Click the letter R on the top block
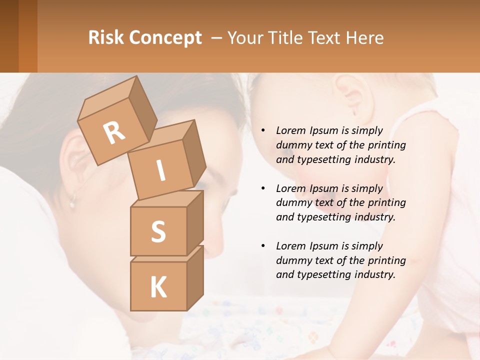[114, 133]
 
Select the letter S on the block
[158, 231]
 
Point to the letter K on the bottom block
[158, 287]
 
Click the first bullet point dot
[263, 131]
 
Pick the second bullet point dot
[263, 189]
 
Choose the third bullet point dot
[263, 246]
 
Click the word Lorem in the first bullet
[291, 131]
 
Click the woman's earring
[73, 202]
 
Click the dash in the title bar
[217, 38]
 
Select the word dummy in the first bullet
[293, 145]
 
